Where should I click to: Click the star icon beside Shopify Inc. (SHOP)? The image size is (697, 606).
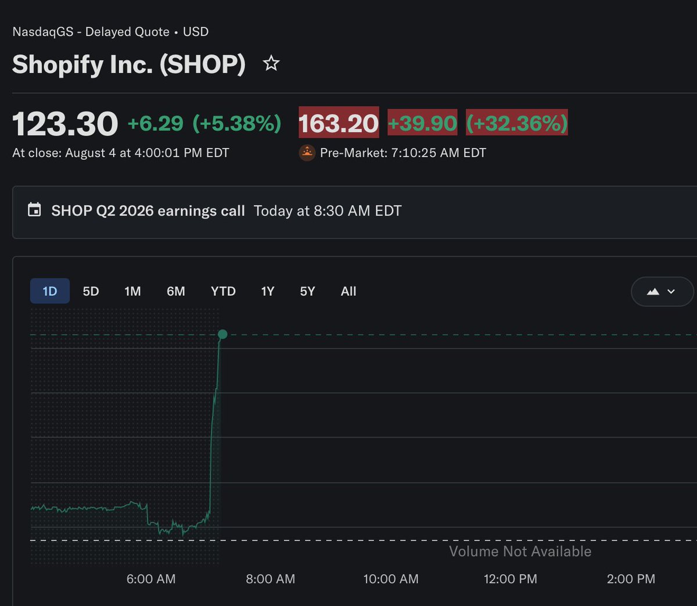(271, 63)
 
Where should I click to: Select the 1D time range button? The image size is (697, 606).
(50, 291)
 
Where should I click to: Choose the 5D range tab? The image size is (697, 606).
(91, 291)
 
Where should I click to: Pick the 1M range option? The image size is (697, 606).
(132, 291)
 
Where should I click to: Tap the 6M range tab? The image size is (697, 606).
(176, 291)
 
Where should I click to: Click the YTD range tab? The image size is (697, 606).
(223, 291)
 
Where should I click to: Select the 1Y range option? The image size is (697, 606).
(268, 291)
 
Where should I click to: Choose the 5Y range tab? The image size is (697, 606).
(307, 291)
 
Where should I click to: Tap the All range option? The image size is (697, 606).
(348, 291)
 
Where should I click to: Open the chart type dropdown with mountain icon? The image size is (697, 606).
(662, 292)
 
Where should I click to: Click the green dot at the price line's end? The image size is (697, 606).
(222, 334)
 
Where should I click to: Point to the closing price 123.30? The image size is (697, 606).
(65, 123)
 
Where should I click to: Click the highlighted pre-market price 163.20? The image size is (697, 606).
(339, 122)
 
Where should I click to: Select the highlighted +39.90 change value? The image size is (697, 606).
(422, 122)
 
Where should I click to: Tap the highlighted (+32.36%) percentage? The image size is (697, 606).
(517, 122)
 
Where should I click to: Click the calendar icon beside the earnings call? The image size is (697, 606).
(34, 210)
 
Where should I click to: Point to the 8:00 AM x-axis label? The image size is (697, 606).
(271, 579)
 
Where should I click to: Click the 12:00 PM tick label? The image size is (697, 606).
(511, 579)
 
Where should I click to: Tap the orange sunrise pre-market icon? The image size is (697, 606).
(307, 153)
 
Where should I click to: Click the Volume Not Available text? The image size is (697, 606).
(520, 551)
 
